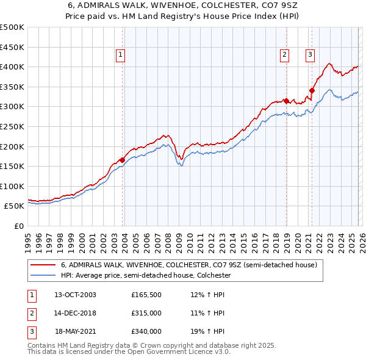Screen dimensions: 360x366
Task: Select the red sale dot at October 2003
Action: (123, 160)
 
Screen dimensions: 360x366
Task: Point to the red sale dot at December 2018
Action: (286, 101)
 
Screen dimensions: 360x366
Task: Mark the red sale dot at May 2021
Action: (312, 91)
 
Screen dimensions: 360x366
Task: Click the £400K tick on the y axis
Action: (12, 67)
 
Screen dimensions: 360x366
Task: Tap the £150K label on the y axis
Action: (12, 166)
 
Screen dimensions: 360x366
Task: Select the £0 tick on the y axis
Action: (18, 226)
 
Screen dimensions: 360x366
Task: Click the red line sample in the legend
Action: (43, 265)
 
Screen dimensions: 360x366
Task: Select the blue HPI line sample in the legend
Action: (43, 276)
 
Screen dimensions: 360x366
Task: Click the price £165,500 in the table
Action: (145, 295)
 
